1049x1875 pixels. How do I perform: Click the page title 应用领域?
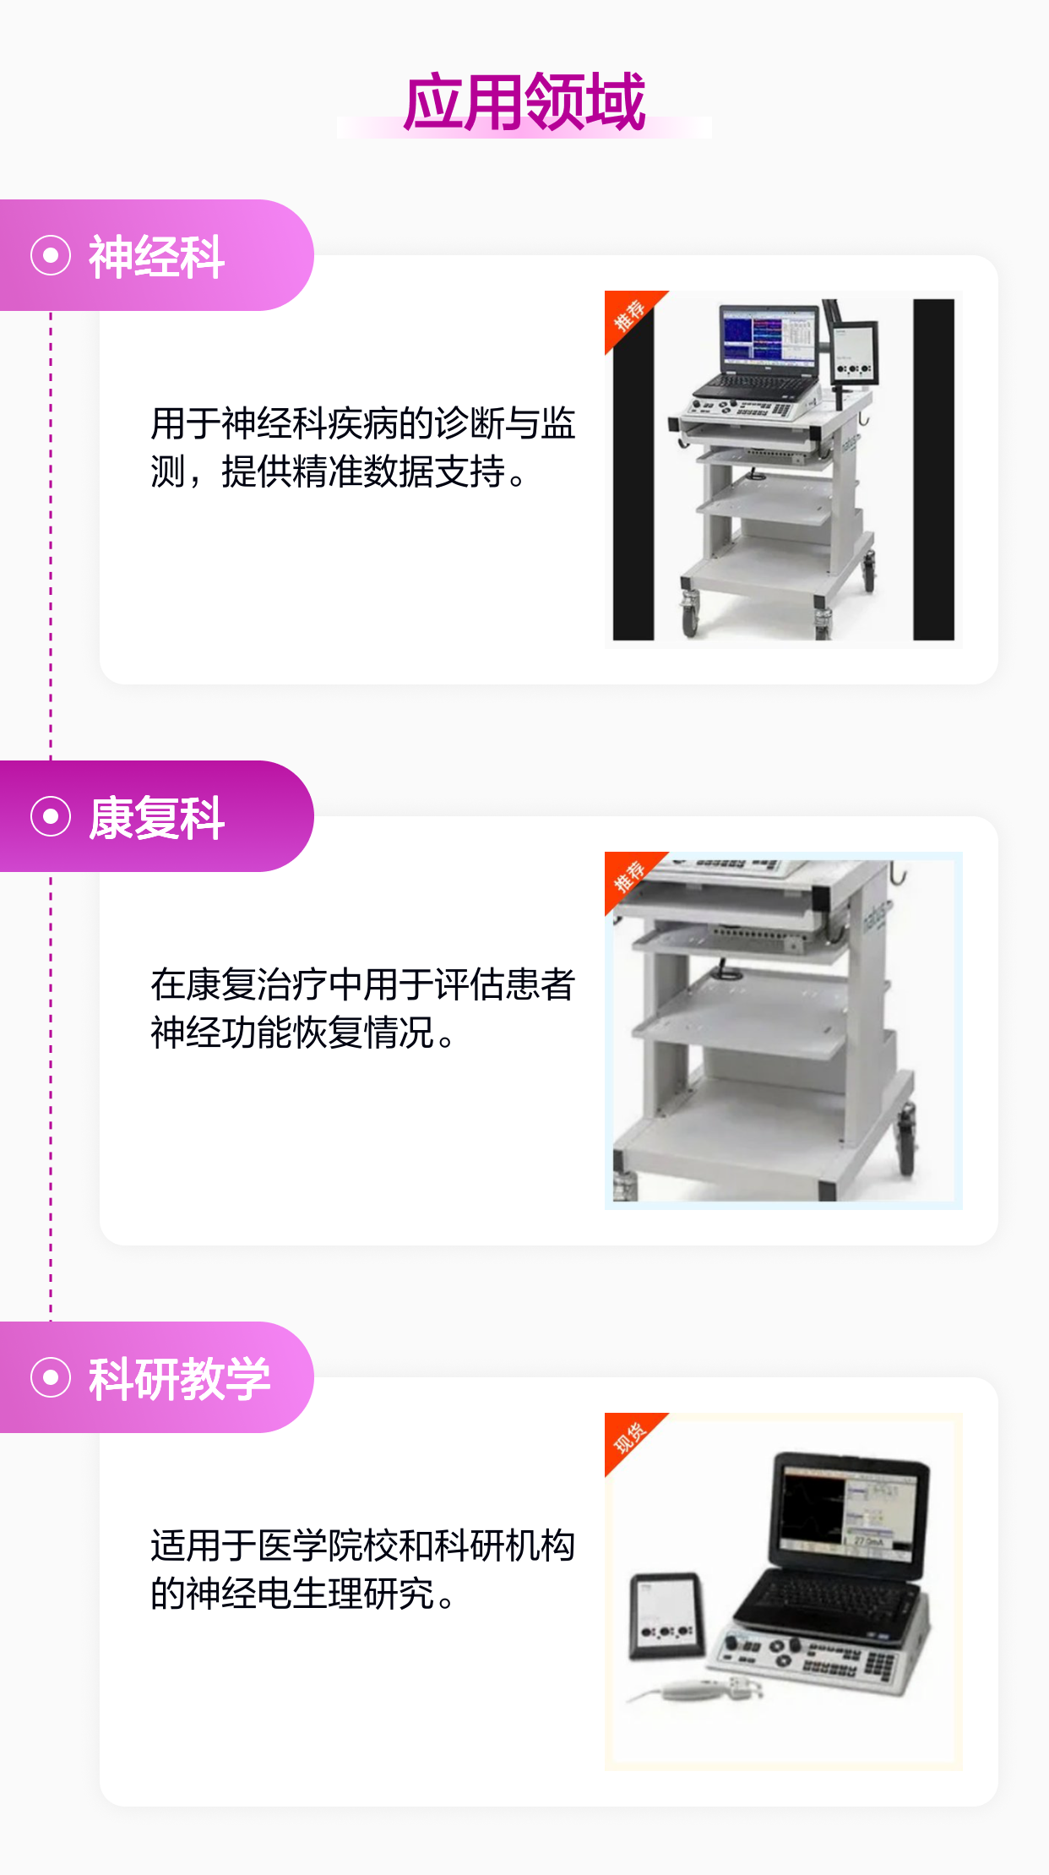click(524, 102)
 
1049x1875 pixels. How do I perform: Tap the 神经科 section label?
click(156, 256)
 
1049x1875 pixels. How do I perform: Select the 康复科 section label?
click(156, 817)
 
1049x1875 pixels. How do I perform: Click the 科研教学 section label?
click(179, 1378)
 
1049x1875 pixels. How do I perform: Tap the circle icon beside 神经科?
click(51, 255)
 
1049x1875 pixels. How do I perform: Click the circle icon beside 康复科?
click(51, 816)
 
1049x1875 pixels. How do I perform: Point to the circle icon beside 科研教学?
click(51, 1377)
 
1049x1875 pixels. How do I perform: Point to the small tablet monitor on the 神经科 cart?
click(854, 353)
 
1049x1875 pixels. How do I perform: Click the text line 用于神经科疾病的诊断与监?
click(363, 423)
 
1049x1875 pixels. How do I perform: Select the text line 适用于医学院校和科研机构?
click(363, 1545)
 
